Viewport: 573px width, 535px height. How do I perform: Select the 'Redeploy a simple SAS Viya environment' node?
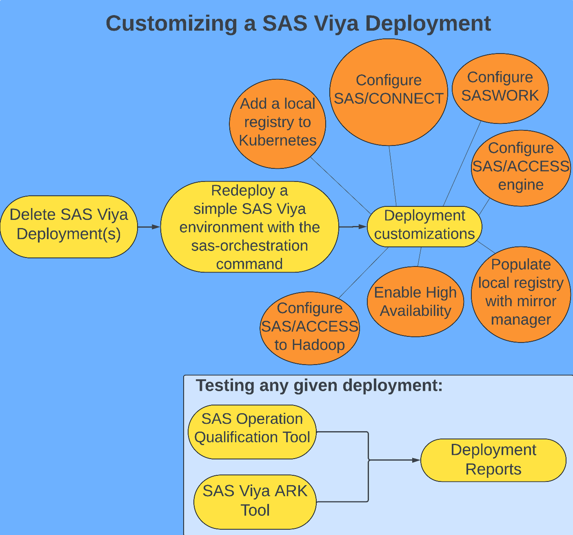coord(249,227)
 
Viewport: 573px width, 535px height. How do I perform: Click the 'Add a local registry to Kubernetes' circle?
coord(277,123)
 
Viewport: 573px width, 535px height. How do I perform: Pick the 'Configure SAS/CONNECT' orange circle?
coord(388,92)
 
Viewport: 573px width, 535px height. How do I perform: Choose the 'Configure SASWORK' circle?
coord(500,88)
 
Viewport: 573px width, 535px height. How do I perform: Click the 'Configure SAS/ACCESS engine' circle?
coord(520,168)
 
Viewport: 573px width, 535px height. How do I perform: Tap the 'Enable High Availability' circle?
coord(415,302)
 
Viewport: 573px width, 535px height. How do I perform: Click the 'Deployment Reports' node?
coord(493,460)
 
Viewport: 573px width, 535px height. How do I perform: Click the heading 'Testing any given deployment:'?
coord(319,385)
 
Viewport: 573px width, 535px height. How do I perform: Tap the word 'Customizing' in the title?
coord(171,23)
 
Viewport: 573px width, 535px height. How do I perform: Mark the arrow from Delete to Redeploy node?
coord(149,226)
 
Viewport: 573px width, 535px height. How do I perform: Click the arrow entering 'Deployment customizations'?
coord(353,226)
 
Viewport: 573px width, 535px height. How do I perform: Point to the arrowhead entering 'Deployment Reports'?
coord(416,460)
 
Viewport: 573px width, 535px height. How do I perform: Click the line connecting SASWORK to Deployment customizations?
coord(462,163)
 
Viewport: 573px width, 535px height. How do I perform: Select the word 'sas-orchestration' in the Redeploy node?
coord(250,246)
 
